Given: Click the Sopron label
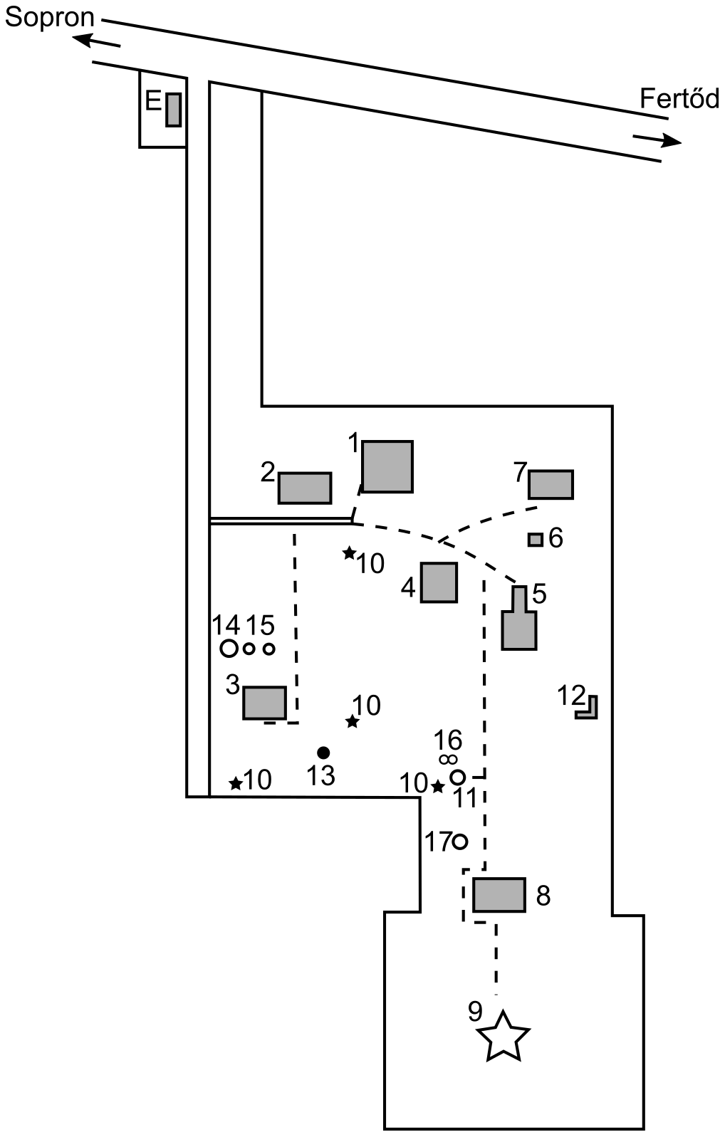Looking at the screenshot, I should coord(49,17).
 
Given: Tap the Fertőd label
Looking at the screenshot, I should coord(679,98).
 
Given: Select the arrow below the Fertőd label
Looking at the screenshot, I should coord(657,140).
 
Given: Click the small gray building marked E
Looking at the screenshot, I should coord(173,110).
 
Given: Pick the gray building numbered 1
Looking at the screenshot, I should coord(387,466).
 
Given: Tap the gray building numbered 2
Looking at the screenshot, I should coord(305,488).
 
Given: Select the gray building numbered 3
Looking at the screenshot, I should coord(264,703).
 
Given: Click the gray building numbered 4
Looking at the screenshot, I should coord(439,582).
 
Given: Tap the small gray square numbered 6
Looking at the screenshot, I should coord(535,540).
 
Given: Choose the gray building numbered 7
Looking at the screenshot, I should coord(551,484).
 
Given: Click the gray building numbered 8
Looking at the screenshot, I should coord(499,895).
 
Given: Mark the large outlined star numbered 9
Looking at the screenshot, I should coord(504,1037).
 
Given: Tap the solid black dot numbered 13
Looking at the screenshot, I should coord(323,752).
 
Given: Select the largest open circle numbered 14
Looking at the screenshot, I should coord(229,648).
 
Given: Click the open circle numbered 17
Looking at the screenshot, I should coord(460,842).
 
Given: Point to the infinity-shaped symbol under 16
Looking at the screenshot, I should coord(448,760).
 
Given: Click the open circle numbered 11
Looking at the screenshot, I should coord(458,777).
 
